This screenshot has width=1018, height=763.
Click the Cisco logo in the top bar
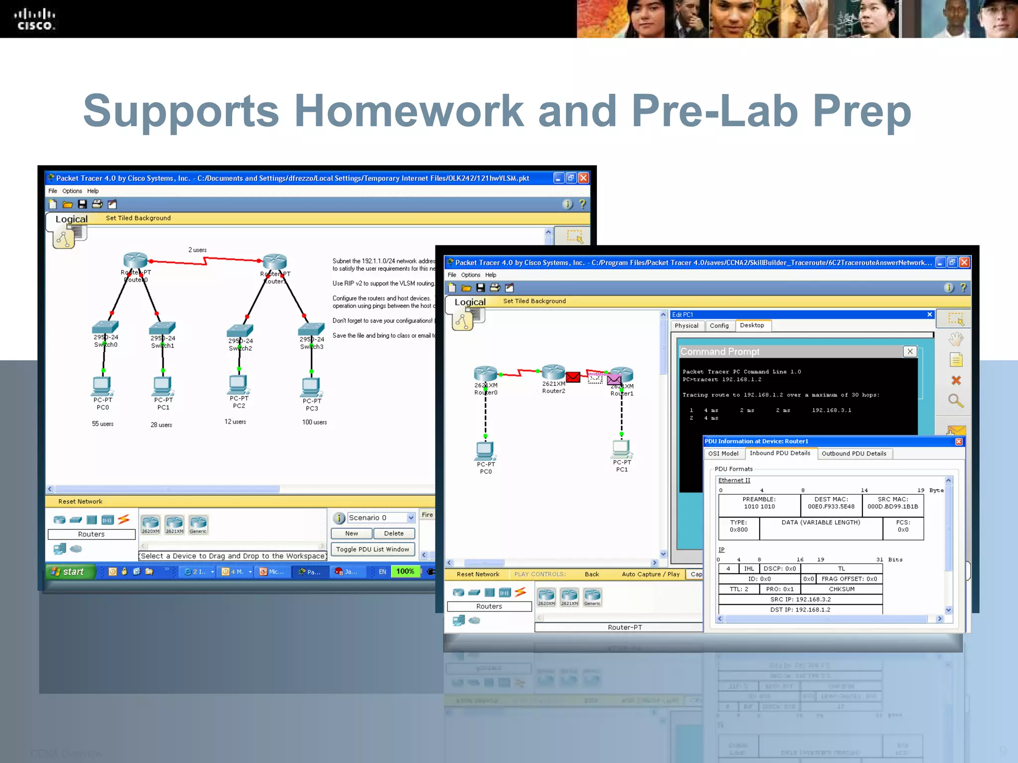pyautogui.click(x=34, y=19)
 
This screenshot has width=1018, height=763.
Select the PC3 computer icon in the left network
pyautogui.click(x=311, y=385)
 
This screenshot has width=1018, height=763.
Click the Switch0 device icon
pyautogui.click(x=105, y=327)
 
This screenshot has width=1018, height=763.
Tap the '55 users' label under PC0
pyautogui.click(x=102, y=424)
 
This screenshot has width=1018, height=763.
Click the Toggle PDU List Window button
pyautogui.click(x=372, y=549)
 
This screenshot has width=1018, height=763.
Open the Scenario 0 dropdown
pyautogui.click(x=411, y=518)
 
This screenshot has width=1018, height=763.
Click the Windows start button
pyautogui.click(x=69, y=571)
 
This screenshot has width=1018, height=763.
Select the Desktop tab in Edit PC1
pyautogui.click(x=752, y=325)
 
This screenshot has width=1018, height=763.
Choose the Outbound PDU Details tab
pyautogui.click(x=853, y=454)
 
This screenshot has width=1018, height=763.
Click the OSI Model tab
pyautogui.click(x=723, y=454)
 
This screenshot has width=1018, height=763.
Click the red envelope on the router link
pyautogui.click(x=573, y=377)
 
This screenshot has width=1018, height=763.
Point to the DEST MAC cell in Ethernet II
pyautogui.click(x=831, y=503)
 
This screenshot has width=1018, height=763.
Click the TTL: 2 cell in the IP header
pyautogui.click(x=739, y=589)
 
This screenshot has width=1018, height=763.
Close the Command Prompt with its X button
pyautogui.click(x=910, y=351)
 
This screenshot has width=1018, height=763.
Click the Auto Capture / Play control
pyautogui.click(x=650, y=574)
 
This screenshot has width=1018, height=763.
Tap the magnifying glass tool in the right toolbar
pyautogui.click(x=955, y=401)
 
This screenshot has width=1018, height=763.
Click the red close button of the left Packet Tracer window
pyautogui.click(x=584, y=178)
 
